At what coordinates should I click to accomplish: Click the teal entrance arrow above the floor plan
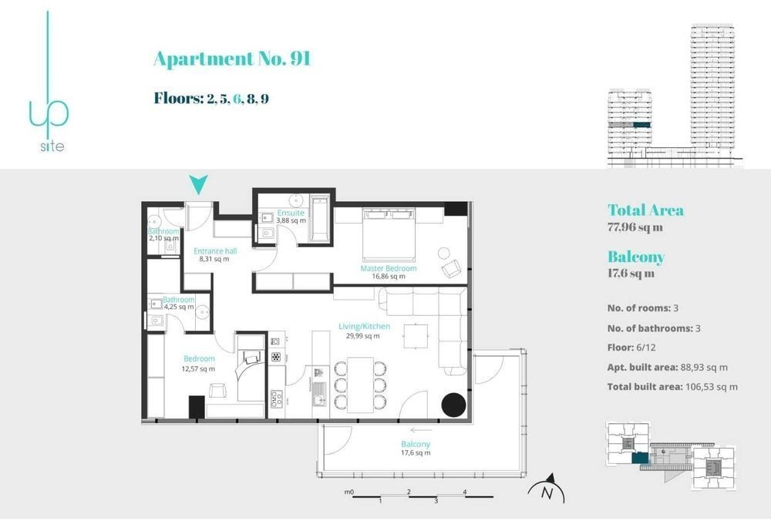pyautogui.click(x=198, y=184)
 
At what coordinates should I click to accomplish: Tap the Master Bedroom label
pyautogui.click(x=388, y=268)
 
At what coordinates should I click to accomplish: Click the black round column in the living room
pyautogui.click(x=453, y=405)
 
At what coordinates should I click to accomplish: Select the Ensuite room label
pyautogui.click(x=291, y=213)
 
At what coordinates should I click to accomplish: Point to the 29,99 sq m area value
pyautogui.click(x=363, y=336)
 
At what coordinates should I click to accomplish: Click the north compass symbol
pyautogui.click(x=547, y=489)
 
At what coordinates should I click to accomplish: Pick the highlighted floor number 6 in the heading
pyautogui.click(x=238, y=99)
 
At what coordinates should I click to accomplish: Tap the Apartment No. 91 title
pyautogui.click(x=232, y=59)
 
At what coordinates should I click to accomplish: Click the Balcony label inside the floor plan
pyautogui.click(x=416, y=444)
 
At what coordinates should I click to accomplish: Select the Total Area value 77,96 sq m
pyautogui.click(x=635, y=227)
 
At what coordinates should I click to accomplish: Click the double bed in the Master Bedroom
pyautogui.click(x=389, y=234)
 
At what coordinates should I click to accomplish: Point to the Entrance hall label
pyautogui.click(x=215, y=251)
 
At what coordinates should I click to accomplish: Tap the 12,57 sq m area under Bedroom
pyautogui.click(x=198, y=368)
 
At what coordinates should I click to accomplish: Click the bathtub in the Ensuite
pyautogui.click(x=319, y=219)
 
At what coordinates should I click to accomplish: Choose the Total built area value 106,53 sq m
pyautogui.click(x=711, y=387)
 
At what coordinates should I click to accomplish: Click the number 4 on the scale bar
pyautogui.click(x=465, y=492)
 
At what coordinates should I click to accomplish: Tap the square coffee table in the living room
pyautogui.click(x=416, y=336)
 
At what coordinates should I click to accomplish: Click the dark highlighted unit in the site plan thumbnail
pyautogui.click(x=640, y=459)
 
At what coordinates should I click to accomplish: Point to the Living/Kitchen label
pyautogui.click(x=365, y=326)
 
